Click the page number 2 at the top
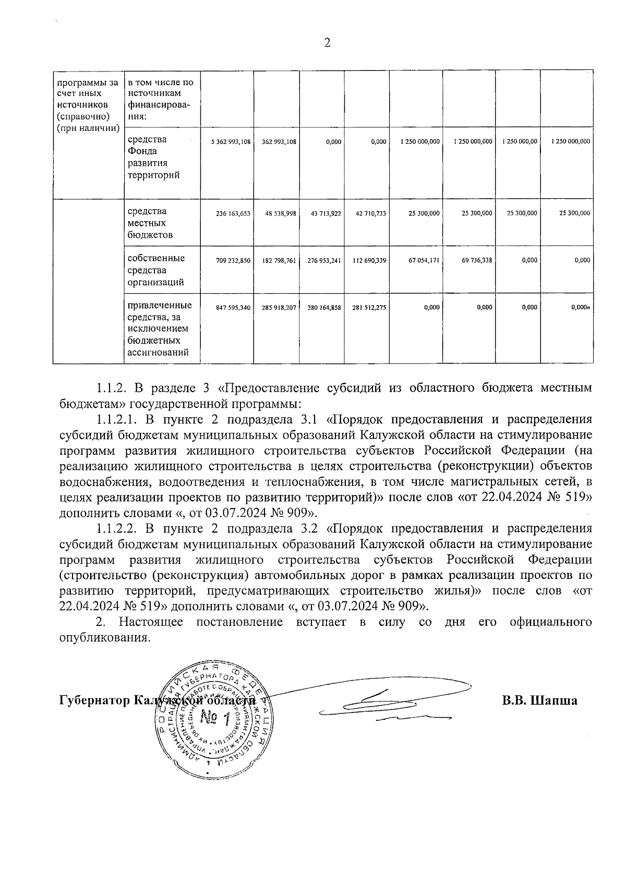pyautogui.click(x=327, y=44)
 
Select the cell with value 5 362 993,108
pyautogui.click(x=231, y=141)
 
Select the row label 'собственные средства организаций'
pyautogui.click(x=155, y=270)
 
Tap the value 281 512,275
pyautogui.click(x=369, y=308)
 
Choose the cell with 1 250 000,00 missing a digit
pyautogui.click(x=520, y=141)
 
